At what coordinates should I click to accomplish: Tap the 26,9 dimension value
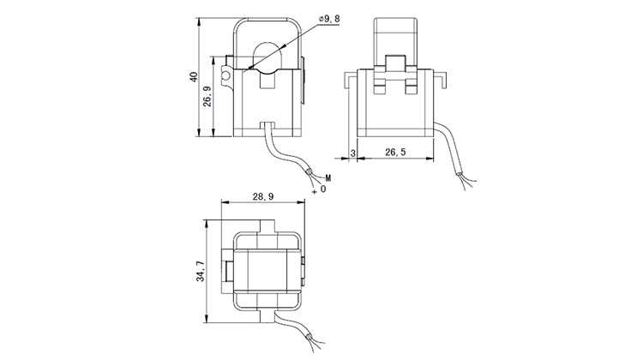(208, 105)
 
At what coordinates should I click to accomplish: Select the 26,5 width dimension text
(396, 153)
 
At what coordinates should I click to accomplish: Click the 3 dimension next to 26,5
(352, 153)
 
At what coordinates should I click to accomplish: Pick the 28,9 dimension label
(262, 197)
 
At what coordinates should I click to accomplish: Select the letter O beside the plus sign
(323, 188)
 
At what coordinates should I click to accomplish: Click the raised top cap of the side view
(397, 34)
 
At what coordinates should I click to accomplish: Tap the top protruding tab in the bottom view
(267, 225)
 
